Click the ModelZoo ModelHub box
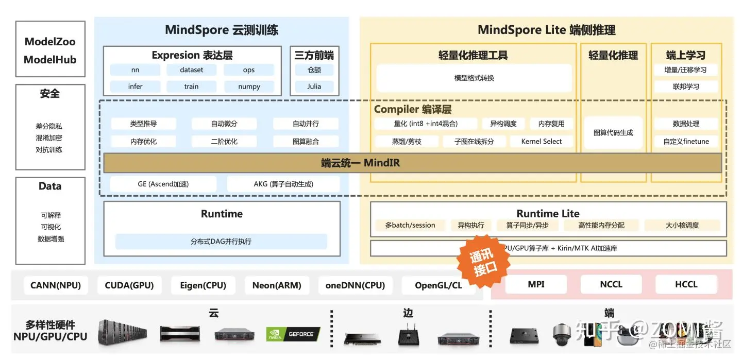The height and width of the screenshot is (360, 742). click(x=50, y=50)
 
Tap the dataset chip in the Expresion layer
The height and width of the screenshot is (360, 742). click(x=192, y=70)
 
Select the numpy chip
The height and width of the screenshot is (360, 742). click(x=249, y=87)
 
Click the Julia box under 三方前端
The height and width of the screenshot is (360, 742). click(x=314, y=87)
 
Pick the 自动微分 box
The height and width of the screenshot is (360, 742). click(x=224, y=124)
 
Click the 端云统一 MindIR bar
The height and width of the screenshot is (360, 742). click(x=361, y=163)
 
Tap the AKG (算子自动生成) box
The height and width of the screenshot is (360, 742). click(x=283, y=184)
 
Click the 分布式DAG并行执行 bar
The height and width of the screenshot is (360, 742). click(x=221, y=241)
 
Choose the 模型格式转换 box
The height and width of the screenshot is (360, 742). click(x=474, y=78)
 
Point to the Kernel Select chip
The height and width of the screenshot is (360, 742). click(x=542, y=141)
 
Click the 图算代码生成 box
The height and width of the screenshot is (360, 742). click(x=613, y=132)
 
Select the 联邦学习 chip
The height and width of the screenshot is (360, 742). click(x=686, y=87)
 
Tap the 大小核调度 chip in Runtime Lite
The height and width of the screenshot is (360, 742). click(x=682, y=225)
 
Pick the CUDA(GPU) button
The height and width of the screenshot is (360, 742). click(x=129, y=285)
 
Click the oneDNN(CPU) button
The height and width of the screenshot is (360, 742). click(x=355, y=285)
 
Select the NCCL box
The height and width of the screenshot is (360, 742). click(x=611, y=284)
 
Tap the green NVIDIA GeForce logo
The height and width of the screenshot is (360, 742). click(x=293, y=334)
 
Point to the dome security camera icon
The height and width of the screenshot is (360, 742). click(x=562, y=334)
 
